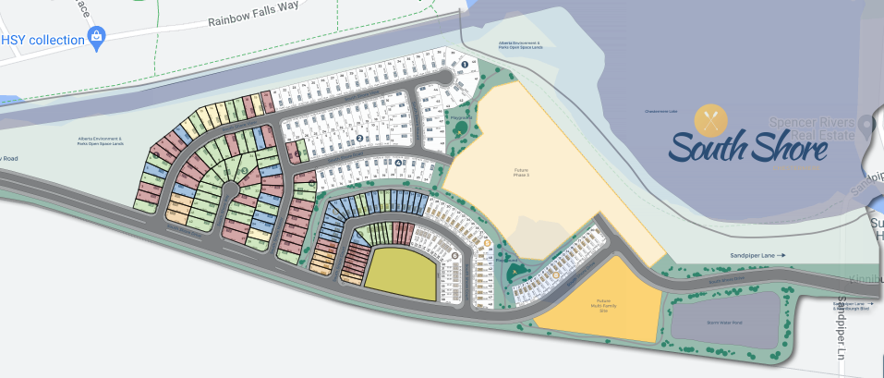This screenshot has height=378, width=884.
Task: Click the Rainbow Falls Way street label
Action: point(253,14)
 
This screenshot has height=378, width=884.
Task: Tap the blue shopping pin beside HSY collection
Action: point(97,38)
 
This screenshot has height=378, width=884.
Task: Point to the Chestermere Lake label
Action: point(661,111)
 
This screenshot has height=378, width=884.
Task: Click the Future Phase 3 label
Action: point(521,173)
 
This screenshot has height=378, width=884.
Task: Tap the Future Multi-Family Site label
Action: point(603,306)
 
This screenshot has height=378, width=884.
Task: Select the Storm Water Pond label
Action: point(724,323)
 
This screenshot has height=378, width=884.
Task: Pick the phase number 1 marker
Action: point(465,64)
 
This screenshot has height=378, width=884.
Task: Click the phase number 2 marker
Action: point(360,138)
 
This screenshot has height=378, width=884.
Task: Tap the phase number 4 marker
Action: point(398,163)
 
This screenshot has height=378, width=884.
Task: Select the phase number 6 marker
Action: point(454,256)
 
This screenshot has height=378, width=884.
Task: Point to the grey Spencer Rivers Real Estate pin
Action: point(867,125)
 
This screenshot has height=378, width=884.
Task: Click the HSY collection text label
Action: point(43,40)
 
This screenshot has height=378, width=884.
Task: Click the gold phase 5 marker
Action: point(487,243)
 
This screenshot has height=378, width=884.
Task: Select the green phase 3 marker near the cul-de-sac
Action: point(244,171)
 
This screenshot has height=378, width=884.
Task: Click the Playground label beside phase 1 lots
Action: point(461,118)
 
